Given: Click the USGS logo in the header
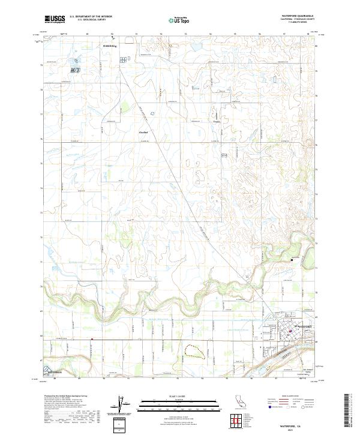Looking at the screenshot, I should click(x=55, y=20).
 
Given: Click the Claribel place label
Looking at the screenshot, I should click(x=143, y=130).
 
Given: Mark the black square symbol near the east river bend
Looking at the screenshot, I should click(x=292, y=259).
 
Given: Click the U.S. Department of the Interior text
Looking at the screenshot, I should click(x=91, y=17).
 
